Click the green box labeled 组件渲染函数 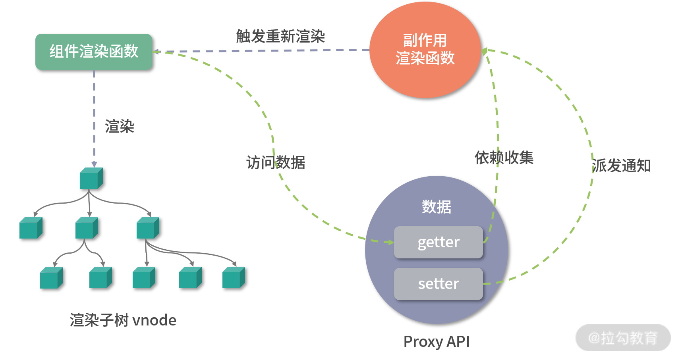pos(94,52)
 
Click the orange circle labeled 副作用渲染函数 pos(425,50)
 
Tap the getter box pos(439,242)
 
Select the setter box pos(439,284)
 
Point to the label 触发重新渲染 pos(280,37)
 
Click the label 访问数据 pos(276,162)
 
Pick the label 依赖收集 pos(504,158)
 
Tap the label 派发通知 pos(621,166)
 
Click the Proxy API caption pos(436,341)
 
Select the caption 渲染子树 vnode pos(123,320)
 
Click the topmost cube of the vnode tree pos(91,178)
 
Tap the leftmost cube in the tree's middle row pos(31,228)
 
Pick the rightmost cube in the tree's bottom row pos(234,277)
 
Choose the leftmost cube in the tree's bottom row pos(51,277)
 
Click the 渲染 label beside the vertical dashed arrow pos(120,127)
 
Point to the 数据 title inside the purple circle pos(437,207)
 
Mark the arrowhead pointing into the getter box pos(390,242)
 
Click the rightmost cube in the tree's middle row pos(148,228)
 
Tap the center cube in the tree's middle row pos(87,228)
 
